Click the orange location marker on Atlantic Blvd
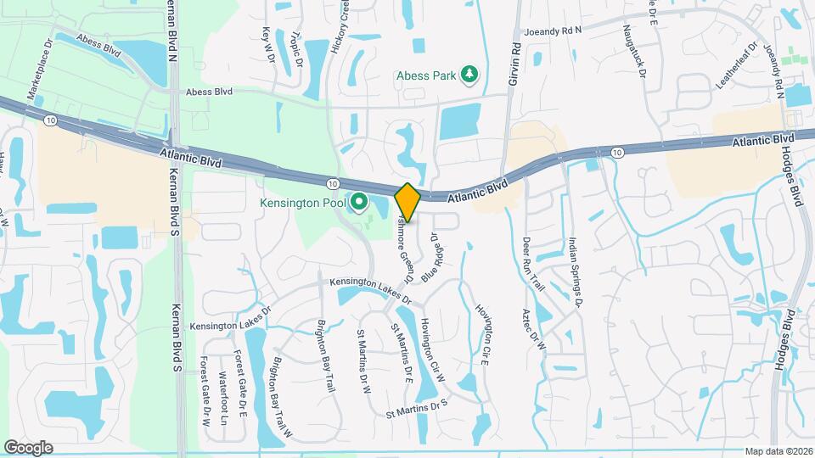pyautogui.click(x=407, y=202)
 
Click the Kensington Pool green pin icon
pyautogui.click(x=358, y=202)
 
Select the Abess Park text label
pyautogui.click(x=424, y=75)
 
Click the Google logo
pyautogui.click(x=28, y=447)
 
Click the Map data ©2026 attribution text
pyautogui.click(x=778, y=451)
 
